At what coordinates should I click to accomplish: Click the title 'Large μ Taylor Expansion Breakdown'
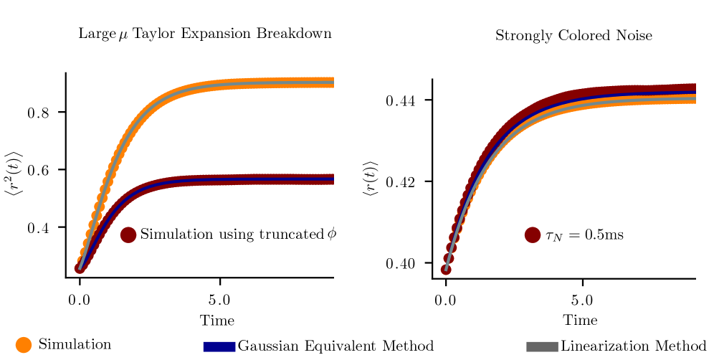point(204,34)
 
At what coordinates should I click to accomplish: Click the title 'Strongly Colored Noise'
point(573,35)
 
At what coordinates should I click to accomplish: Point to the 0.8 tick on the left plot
point(42,113)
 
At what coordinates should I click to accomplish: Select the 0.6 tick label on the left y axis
point(42,170)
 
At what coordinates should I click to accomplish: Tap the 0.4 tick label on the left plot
point(42,228)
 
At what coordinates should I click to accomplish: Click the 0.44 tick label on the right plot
point(404,100)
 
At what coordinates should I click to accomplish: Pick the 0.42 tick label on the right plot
point(404,182)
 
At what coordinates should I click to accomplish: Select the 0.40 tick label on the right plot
point(404,263)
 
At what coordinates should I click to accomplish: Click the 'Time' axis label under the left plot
point(216,320)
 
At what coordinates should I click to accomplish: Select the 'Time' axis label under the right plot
point(579,320)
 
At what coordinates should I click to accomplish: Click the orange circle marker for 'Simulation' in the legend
point(24,345)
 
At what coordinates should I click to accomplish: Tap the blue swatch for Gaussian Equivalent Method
point(219,347)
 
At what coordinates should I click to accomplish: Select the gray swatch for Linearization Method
point(542,347)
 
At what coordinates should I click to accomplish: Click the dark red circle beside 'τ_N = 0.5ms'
point(532,235)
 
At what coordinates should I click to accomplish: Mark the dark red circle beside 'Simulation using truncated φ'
point(128,235)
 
